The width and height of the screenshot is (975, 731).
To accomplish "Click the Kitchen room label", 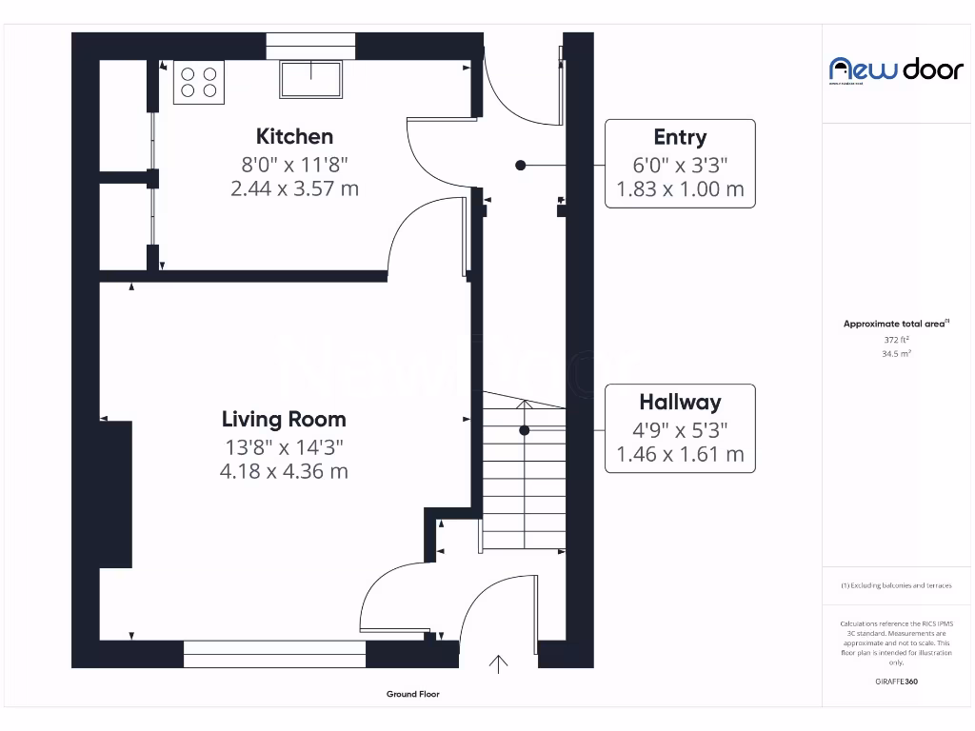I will (x=294, y=136).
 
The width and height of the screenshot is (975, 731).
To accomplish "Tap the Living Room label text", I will (x=284, y=419).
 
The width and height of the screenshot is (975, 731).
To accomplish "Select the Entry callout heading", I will (x=680, y=137).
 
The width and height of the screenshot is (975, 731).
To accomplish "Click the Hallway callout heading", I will (x=680, y=402).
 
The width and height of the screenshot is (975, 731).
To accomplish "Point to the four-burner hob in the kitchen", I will (x=198, y=82).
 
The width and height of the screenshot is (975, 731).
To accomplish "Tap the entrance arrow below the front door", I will (x=498, y=664).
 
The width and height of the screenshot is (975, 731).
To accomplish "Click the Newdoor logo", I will (x=896, y=69).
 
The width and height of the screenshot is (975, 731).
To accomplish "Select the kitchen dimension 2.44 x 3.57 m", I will (x=294, y=188).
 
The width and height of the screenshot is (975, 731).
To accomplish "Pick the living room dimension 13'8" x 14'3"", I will (x=284, y=445).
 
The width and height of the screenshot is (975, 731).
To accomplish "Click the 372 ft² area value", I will (x=896, y=339).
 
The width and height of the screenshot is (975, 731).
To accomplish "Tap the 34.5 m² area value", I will (x=896, y=353).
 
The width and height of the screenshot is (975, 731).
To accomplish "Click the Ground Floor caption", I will (x=412, y=695).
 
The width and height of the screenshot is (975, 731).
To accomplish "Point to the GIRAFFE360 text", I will (x=896, y=682).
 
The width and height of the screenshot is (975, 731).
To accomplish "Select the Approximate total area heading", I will (x=895, y=324).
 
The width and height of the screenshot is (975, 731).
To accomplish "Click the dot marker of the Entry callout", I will (x=520, y=165).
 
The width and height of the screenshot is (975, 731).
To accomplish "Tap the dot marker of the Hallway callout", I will (x=524, y=430).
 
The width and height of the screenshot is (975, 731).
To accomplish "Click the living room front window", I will (x=274, y=654).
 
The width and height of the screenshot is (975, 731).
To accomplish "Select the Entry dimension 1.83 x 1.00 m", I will (x=680, y=189).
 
